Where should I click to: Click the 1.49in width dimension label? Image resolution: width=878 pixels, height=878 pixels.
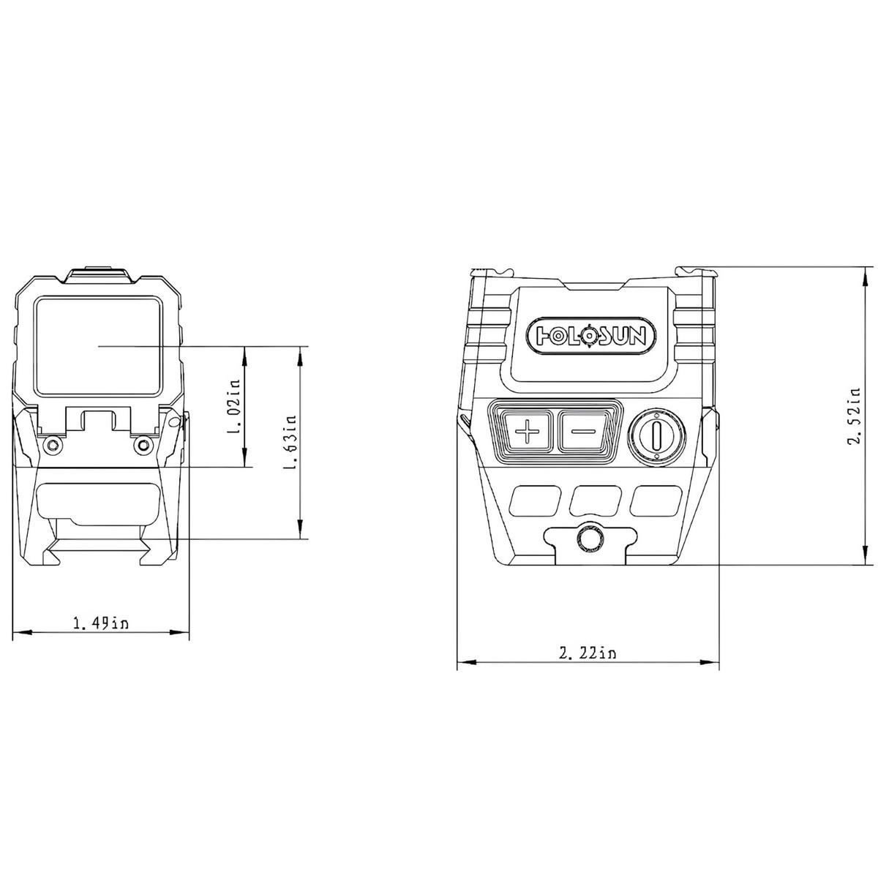pyautogui.click(x=101, y=623)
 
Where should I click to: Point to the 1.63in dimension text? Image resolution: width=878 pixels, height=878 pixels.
pyautogui.click(x=290, y=442)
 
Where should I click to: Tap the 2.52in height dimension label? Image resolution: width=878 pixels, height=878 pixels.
pyautogui.click(x=854, y=416)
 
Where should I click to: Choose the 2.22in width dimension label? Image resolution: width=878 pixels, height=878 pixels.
pyautogui.click(x=588, y=653)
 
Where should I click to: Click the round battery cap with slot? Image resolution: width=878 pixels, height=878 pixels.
pyautogui.click(x=656, y=437)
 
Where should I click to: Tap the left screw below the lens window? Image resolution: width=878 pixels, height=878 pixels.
pyautogui.click(x=53, y=444)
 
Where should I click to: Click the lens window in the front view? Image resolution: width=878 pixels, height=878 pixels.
pyautogui.click(x=99, y=346)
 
